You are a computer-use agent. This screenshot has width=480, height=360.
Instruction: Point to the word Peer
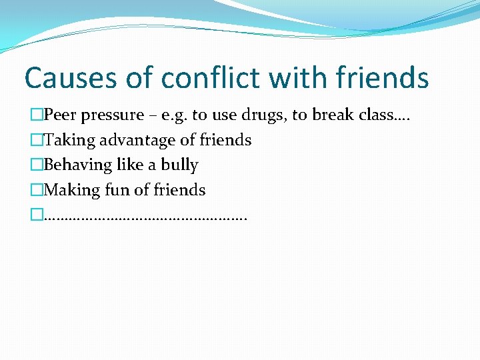61,115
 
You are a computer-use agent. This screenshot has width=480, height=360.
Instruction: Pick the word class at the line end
361,115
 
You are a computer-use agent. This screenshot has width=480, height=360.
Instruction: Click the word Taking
69,141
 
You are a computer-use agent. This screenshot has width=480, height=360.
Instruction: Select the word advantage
139,141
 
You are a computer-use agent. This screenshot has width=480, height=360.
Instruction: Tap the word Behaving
76,165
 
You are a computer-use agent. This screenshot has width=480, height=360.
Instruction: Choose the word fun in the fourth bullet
118,190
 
